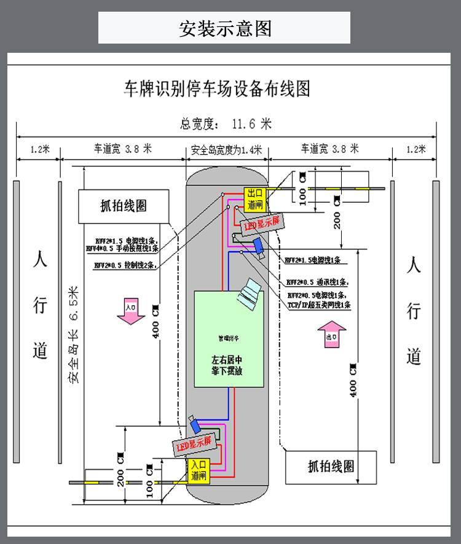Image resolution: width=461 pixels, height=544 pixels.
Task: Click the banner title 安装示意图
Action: pos(225,28)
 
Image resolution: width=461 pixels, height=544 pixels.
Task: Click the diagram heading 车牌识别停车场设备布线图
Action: pos(217,89)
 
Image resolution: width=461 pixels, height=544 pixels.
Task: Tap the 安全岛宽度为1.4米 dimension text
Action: pos(226,149)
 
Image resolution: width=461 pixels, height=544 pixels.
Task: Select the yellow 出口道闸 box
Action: pos(254,198)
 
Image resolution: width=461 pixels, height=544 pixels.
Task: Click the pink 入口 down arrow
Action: pos(130,310)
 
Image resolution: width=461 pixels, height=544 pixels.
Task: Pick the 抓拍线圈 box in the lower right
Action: pos(331,467)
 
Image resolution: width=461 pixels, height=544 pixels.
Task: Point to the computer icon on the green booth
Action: pos(248,292)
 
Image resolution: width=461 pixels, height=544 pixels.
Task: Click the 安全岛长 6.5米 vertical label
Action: pos(74,335)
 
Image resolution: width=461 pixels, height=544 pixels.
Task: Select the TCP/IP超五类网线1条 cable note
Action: pos(318,305)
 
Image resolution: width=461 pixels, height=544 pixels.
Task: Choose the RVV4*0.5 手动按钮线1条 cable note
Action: pos(122,249)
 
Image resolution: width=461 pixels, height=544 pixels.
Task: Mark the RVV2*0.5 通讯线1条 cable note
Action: pos(317,282)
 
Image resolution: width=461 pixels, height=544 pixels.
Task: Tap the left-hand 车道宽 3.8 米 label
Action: pos(122,149)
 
